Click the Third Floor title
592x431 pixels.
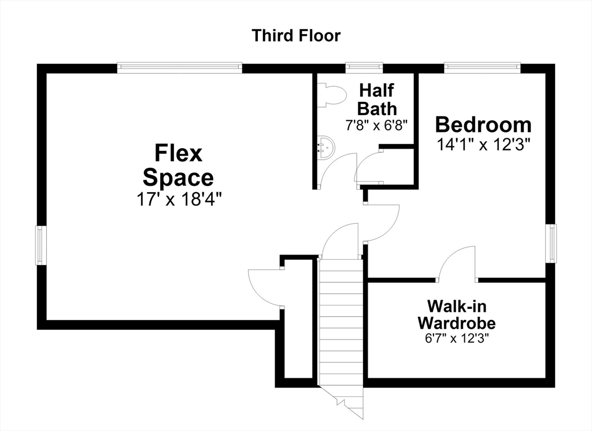(296, 35)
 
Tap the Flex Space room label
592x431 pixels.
(178, 165)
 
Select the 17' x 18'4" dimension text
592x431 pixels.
(178, 199)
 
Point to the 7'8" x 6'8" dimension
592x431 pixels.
(377, 125)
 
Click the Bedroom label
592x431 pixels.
(483, 124)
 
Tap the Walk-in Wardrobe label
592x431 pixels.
(457, 314)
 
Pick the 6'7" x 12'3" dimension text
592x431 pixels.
(457, 338)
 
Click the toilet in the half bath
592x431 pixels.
(331, 95)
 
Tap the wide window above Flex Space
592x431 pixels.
(179, 68)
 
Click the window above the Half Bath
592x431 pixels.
(364, 68)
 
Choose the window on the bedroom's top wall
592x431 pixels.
(482, 68)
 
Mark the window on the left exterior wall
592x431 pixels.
(41, 245)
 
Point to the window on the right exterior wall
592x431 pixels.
(551, 243)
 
